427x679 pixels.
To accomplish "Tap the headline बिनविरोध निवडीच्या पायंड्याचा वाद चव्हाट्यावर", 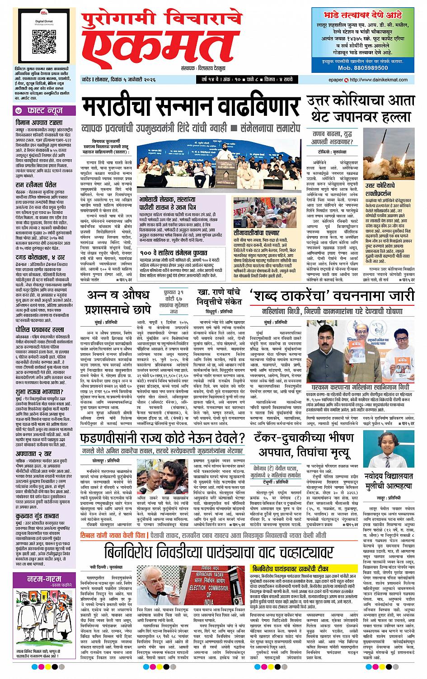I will (x=219, y=552).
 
